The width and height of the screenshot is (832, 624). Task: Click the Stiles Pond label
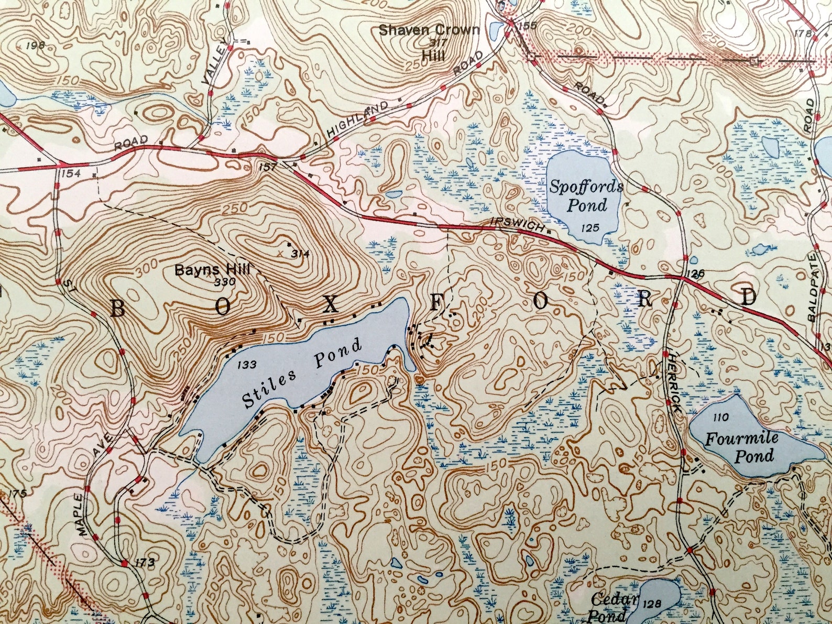click(302, 374)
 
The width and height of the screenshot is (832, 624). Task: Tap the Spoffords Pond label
click(586, 195)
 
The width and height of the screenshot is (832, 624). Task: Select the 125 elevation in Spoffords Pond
click(590, 227)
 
